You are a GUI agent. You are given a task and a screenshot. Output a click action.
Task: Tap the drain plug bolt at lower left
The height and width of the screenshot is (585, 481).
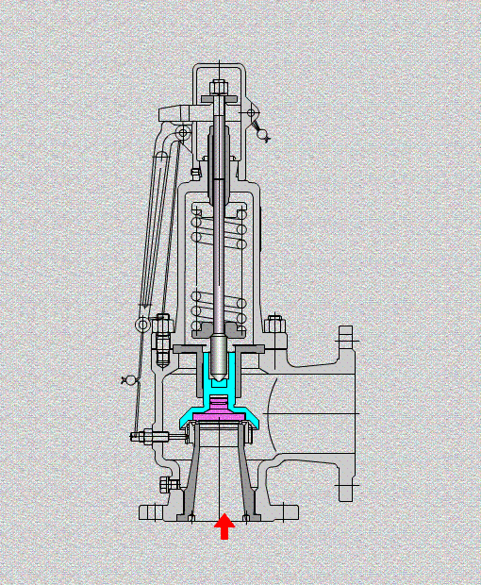tap(169, 485)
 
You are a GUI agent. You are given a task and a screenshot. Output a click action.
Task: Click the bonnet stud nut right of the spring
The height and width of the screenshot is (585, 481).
tap(274, 326)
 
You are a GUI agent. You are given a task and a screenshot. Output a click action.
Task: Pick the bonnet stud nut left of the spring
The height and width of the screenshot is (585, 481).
tap(163, 327)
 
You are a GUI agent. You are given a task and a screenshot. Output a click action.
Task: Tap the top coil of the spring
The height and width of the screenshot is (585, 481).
tap(219, 216)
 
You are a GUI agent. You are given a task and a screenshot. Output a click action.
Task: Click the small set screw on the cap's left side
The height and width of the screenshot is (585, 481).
tap(195, 173)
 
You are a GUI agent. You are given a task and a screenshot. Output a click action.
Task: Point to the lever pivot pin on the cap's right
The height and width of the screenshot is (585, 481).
tap(252, 113)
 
